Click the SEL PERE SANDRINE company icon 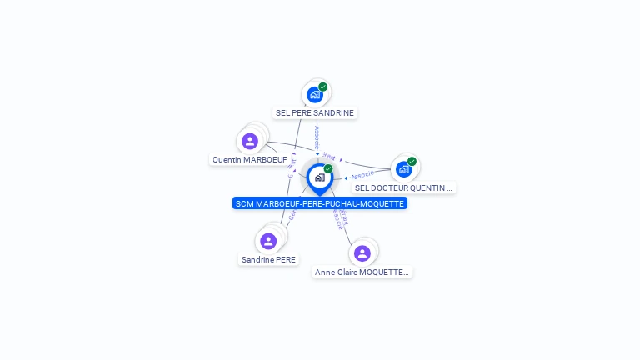point(314,94)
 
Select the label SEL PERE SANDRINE point(315,113)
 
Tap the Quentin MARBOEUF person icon point(250,141)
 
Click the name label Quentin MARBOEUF point(249,159)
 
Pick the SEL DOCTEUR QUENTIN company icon point(403,168)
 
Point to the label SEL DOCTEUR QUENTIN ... point(403,187)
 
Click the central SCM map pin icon point(319,177)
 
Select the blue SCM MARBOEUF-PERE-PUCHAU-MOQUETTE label point(320,203)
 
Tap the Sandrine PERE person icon point(268,241)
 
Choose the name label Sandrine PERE point(268,259)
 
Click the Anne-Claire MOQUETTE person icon point(362,252)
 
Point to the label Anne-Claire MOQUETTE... point(362,272)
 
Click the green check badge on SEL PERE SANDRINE point(323,87)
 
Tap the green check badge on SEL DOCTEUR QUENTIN point(412,161)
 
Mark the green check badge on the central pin point(328,168)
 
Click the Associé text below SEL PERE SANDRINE point(317,137)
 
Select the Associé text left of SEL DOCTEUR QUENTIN point(362,175)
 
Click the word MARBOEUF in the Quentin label point(265,159)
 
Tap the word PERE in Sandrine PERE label point(285,259)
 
